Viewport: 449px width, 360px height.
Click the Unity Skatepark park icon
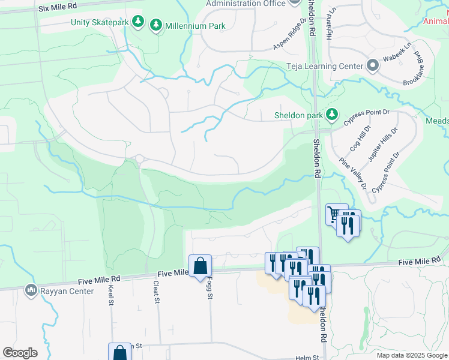139,22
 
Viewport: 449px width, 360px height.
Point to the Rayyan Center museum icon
30,291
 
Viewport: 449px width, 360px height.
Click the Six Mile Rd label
58,6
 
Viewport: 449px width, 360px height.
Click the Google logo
20,353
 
